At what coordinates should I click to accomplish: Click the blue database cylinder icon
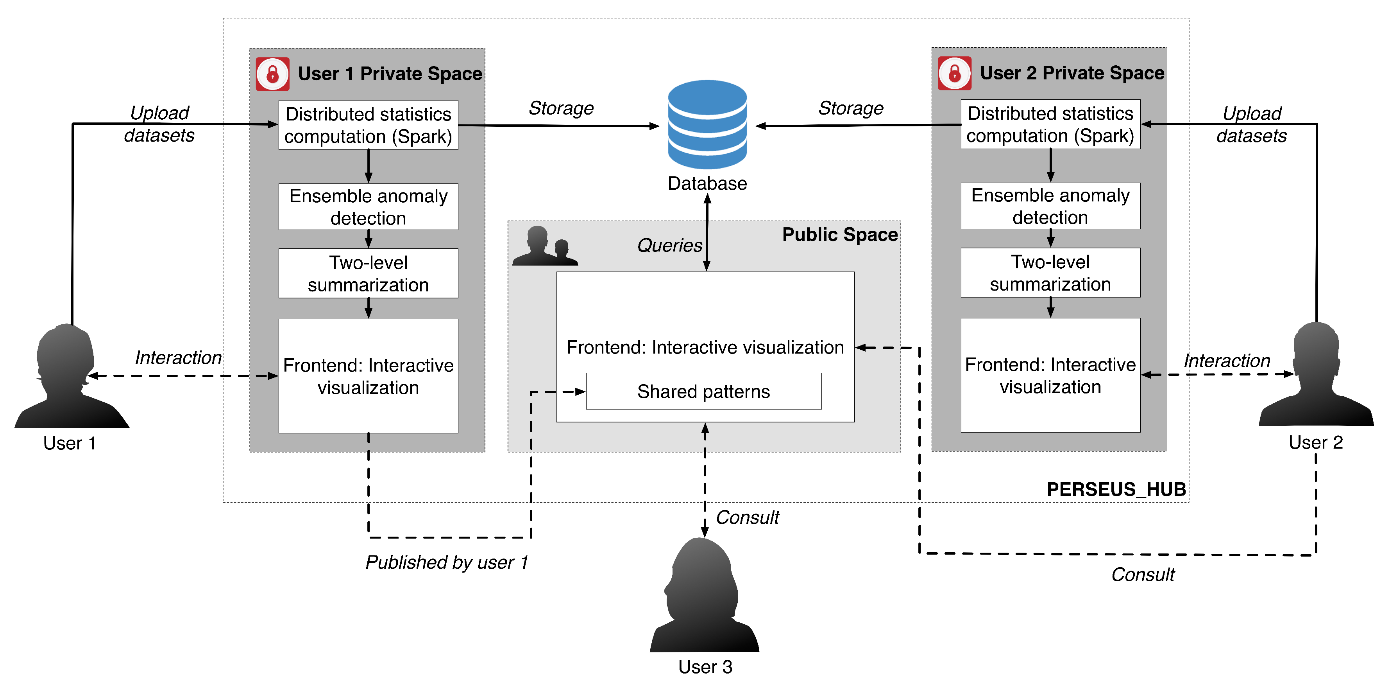tap(707, 124)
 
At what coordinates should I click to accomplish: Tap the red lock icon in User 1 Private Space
tap(272, 74)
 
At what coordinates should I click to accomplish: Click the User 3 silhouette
tap(704, 597)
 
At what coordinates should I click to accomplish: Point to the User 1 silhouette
tap(70, 378)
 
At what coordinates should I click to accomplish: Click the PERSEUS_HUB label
tap(1116, 489)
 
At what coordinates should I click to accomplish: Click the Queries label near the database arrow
tap(669, 245)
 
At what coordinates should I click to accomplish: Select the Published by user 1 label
tap(446, 562)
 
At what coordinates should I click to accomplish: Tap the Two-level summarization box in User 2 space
tap(1050, 273)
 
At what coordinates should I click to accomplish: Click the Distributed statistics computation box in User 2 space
tap(1050, 124)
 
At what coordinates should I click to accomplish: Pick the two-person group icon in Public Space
tap(545, 247)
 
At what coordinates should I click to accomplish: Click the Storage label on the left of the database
tap(561, 108)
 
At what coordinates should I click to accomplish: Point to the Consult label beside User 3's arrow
tap(747, 517)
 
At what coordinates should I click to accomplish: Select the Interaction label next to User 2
tap(1227, 360)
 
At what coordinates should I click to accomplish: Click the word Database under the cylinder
tap(707, 183)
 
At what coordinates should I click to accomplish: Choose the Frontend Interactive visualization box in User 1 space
tap(368, 376)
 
